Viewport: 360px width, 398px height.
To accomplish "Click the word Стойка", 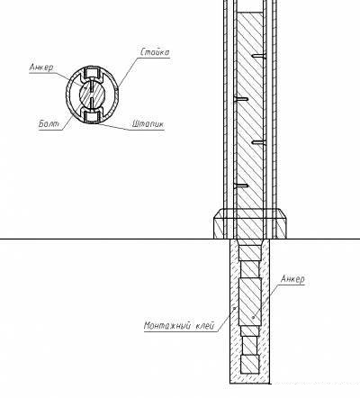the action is [x=155, y=52].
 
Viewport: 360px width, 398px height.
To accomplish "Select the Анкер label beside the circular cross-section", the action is [x=41, y=68].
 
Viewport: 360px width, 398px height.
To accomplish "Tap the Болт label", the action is [x=49, y=123].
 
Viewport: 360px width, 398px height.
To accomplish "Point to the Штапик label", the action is [x=148, y=123].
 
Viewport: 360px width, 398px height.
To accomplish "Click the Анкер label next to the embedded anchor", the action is [x=292, y=279].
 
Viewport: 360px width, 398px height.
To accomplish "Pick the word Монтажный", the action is [x=167, y=325].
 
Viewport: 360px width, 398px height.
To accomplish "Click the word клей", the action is [x=205, y=325].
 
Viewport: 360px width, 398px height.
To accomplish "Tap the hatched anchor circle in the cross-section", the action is [x=92, y=95].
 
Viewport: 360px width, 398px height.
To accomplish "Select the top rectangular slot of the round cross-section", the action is [x=92, y=72].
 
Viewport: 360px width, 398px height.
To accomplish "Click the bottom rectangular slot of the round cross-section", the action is [x=92, y=117].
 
